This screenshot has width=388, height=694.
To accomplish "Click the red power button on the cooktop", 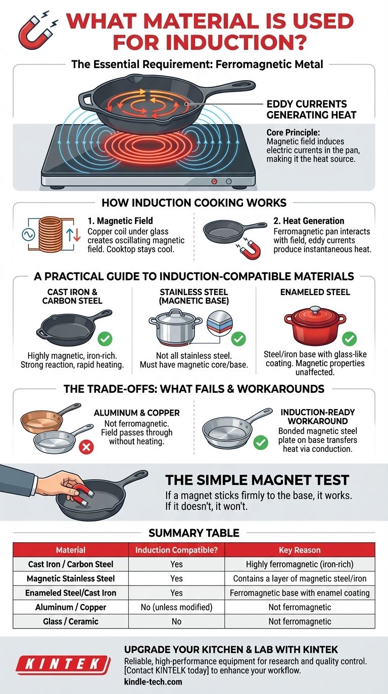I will (214, 181).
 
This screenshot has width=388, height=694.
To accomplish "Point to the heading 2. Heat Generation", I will (309, 221).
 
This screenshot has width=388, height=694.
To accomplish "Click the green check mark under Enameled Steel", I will (349, 338).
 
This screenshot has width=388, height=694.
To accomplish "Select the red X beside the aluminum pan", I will (86, 447).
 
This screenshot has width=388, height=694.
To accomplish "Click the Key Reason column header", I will (300, 550).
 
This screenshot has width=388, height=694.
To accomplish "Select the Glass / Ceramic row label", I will (70, 621).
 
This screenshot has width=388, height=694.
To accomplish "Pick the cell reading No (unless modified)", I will (176, 607).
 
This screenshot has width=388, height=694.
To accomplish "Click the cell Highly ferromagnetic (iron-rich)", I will (300, 564).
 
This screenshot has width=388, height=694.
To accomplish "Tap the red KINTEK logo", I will (63, 665).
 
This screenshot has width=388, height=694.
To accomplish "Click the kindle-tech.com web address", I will (153, 682).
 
